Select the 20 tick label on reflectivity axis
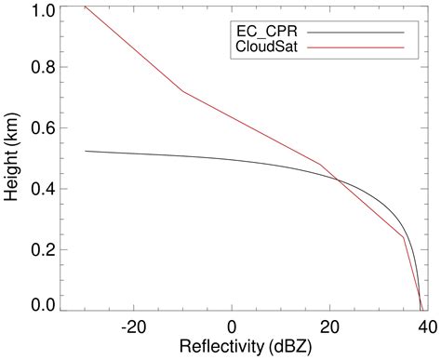click(328, 327)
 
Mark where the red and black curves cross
click(337, 180)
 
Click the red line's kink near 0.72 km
click(181, 91)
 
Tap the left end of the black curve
click(85, 151)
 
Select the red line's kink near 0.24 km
click(403, 237)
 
